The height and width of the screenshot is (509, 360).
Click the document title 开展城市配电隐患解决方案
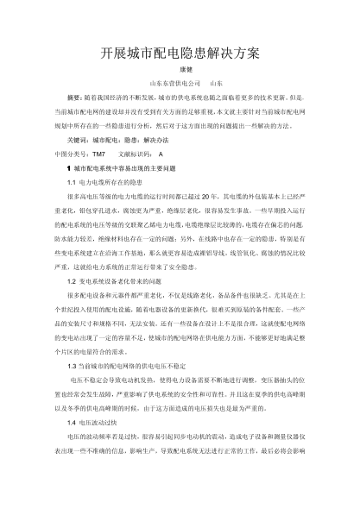tap(179, 53)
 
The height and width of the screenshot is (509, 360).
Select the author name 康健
tap(180, 72)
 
